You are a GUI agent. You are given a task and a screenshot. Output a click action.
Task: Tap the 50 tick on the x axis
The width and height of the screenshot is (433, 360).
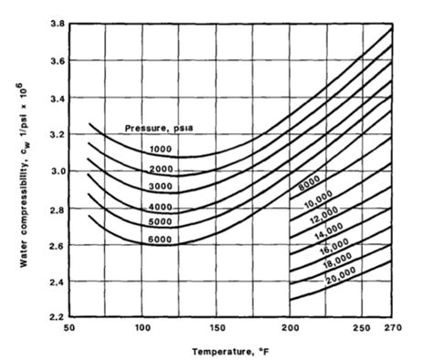pos(67,327)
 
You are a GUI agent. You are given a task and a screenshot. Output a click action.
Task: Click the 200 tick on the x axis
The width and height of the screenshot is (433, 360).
pos(289,327)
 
